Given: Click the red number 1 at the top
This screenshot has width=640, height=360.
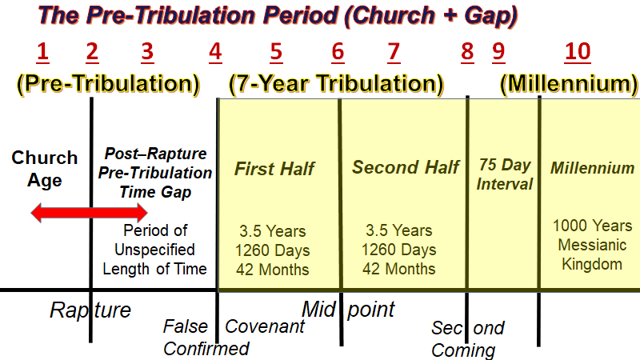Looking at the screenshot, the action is [43, 53].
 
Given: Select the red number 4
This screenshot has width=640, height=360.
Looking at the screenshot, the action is [215, 53].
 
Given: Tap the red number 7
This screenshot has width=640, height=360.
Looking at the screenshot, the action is [394, 53].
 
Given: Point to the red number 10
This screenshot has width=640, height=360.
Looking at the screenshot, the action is [578, 53].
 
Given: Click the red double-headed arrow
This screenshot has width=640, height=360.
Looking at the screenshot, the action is [90, 213].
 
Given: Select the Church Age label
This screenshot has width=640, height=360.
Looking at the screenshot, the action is [45, 169].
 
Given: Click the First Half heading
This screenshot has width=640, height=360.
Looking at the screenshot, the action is [274, 169].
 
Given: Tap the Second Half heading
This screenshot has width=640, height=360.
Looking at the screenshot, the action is [406, 167].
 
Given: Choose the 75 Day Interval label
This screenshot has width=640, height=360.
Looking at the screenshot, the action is [505, 174].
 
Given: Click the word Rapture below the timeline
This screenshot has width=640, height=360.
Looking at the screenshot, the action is [90, 310].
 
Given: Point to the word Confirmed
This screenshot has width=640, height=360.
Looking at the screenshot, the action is [206, 349].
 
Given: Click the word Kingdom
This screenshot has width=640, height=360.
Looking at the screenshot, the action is [592, 264].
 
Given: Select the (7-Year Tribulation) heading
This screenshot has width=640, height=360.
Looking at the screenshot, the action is [336, 84].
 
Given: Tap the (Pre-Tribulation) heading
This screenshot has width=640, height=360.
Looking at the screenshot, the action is [108, 84].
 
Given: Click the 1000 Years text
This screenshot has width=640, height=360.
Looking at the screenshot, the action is [592, 226].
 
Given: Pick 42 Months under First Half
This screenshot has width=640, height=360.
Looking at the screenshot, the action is [273, 270].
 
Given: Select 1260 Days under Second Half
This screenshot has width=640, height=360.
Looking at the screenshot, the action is [399, 250].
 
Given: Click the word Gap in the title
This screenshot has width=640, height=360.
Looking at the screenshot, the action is [491, 16].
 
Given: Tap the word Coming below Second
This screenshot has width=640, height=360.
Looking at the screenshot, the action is [463, 350].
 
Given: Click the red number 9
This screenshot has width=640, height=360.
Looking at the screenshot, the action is [498, 53].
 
